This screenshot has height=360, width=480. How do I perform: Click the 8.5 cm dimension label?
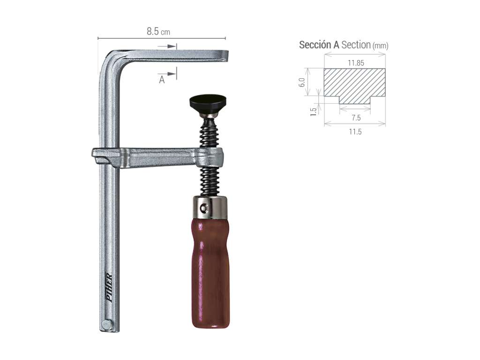158,31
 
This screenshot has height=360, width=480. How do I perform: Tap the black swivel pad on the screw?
208,102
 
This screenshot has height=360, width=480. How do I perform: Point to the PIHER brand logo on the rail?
109,287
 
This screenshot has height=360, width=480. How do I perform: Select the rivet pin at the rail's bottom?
106,324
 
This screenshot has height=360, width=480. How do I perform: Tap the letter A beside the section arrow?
162,80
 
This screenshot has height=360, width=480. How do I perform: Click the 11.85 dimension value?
356,63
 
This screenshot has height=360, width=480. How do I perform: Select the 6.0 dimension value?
302,82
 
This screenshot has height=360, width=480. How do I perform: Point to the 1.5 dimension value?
313,112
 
